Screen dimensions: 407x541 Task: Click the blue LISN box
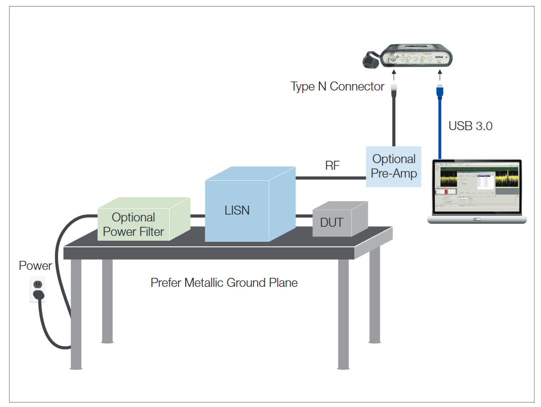coord(237,210)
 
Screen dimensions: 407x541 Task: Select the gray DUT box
coord(332,222)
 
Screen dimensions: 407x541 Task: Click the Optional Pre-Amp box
coord(393,167)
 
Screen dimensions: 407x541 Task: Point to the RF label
coord(332,166)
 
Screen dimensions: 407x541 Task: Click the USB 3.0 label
coord(470,126)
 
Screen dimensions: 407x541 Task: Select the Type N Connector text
coord(337,87)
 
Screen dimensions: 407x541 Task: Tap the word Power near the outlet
coord(36,265)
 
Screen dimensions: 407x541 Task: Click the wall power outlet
coord(37,289)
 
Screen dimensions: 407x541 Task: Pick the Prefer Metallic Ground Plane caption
coord(224,283)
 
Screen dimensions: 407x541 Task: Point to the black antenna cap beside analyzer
coord(371,60)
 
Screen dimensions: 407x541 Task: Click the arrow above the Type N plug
coord(394,76)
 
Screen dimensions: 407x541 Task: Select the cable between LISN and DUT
coord(304,216)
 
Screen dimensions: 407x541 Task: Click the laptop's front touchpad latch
coord(476,219)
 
